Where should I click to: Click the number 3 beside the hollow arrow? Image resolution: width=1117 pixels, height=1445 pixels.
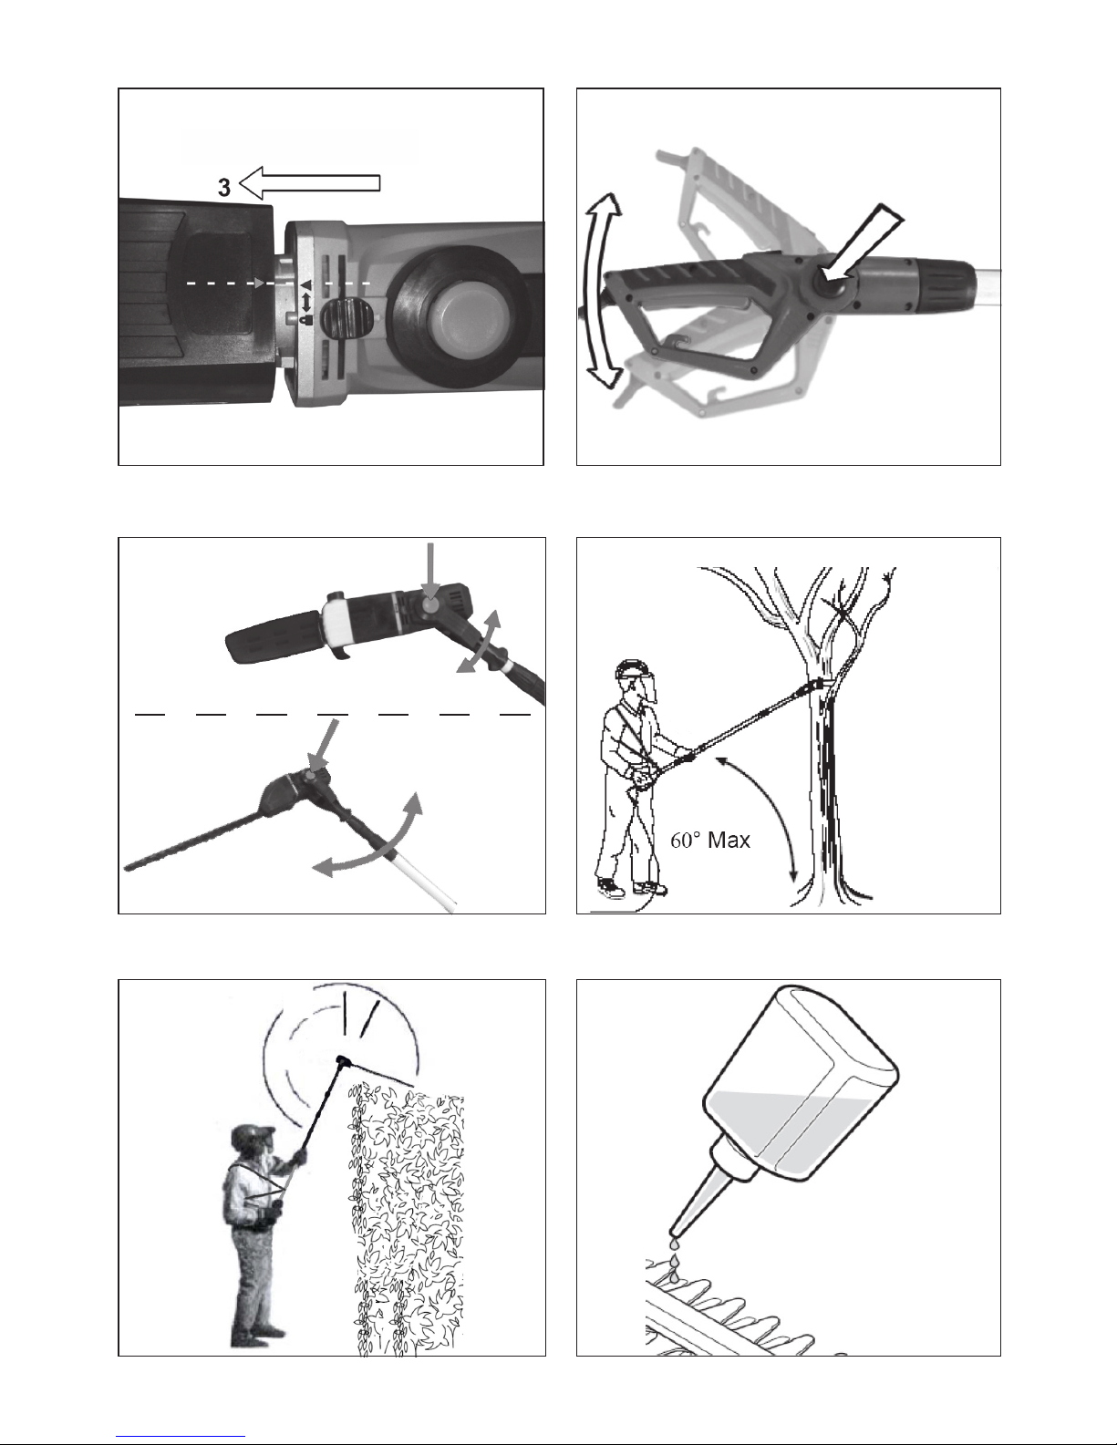click(x=224, y=188)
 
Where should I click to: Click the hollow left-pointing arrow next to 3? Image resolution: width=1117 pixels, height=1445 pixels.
click(x=310, y=183)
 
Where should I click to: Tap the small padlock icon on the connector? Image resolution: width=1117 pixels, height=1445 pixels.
click(x=305, y=320)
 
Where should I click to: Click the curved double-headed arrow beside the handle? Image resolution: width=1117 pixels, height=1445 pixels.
click(x=598, y=291)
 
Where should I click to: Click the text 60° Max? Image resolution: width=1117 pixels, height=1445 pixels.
click(x=710, y=841)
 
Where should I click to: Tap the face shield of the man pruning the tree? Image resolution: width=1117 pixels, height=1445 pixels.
click(x=647, y=689)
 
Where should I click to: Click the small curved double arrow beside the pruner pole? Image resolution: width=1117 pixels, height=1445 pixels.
click(x=478, y=643)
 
